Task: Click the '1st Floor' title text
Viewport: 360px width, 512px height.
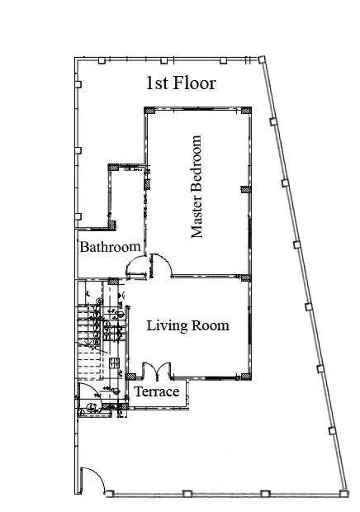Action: point(181,83)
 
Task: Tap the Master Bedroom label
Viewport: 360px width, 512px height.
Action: point(196,187)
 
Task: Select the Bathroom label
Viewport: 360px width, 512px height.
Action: point(111,247)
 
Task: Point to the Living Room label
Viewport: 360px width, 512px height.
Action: point(187,326)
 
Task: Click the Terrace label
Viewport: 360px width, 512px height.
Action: point(157,391)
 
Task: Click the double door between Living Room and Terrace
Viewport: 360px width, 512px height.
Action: point(157,371)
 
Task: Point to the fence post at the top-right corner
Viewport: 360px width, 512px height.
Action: point(261,59)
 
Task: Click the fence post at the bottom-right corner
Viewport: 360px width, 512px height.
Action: point(343,493)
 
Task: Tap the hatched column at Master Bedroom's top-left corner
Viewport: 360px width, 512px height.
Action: point(149,110)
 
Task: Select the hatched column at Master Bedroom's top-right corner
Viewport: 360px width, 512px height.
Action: point(246,110)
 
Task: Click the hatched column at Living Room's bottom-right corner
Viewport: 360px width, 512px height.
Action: point(246,377)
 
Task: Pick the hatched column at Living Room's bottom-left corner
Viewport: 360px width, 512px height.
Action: point(130,377)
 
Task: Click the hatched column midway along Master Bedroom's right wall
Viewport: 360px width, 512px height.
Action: point(246,189)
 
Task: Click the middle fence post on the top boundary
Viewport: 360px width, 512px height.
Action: point(163,60)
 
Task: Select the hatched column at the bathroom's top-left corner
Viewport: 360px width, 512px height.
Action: point(113,167)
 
